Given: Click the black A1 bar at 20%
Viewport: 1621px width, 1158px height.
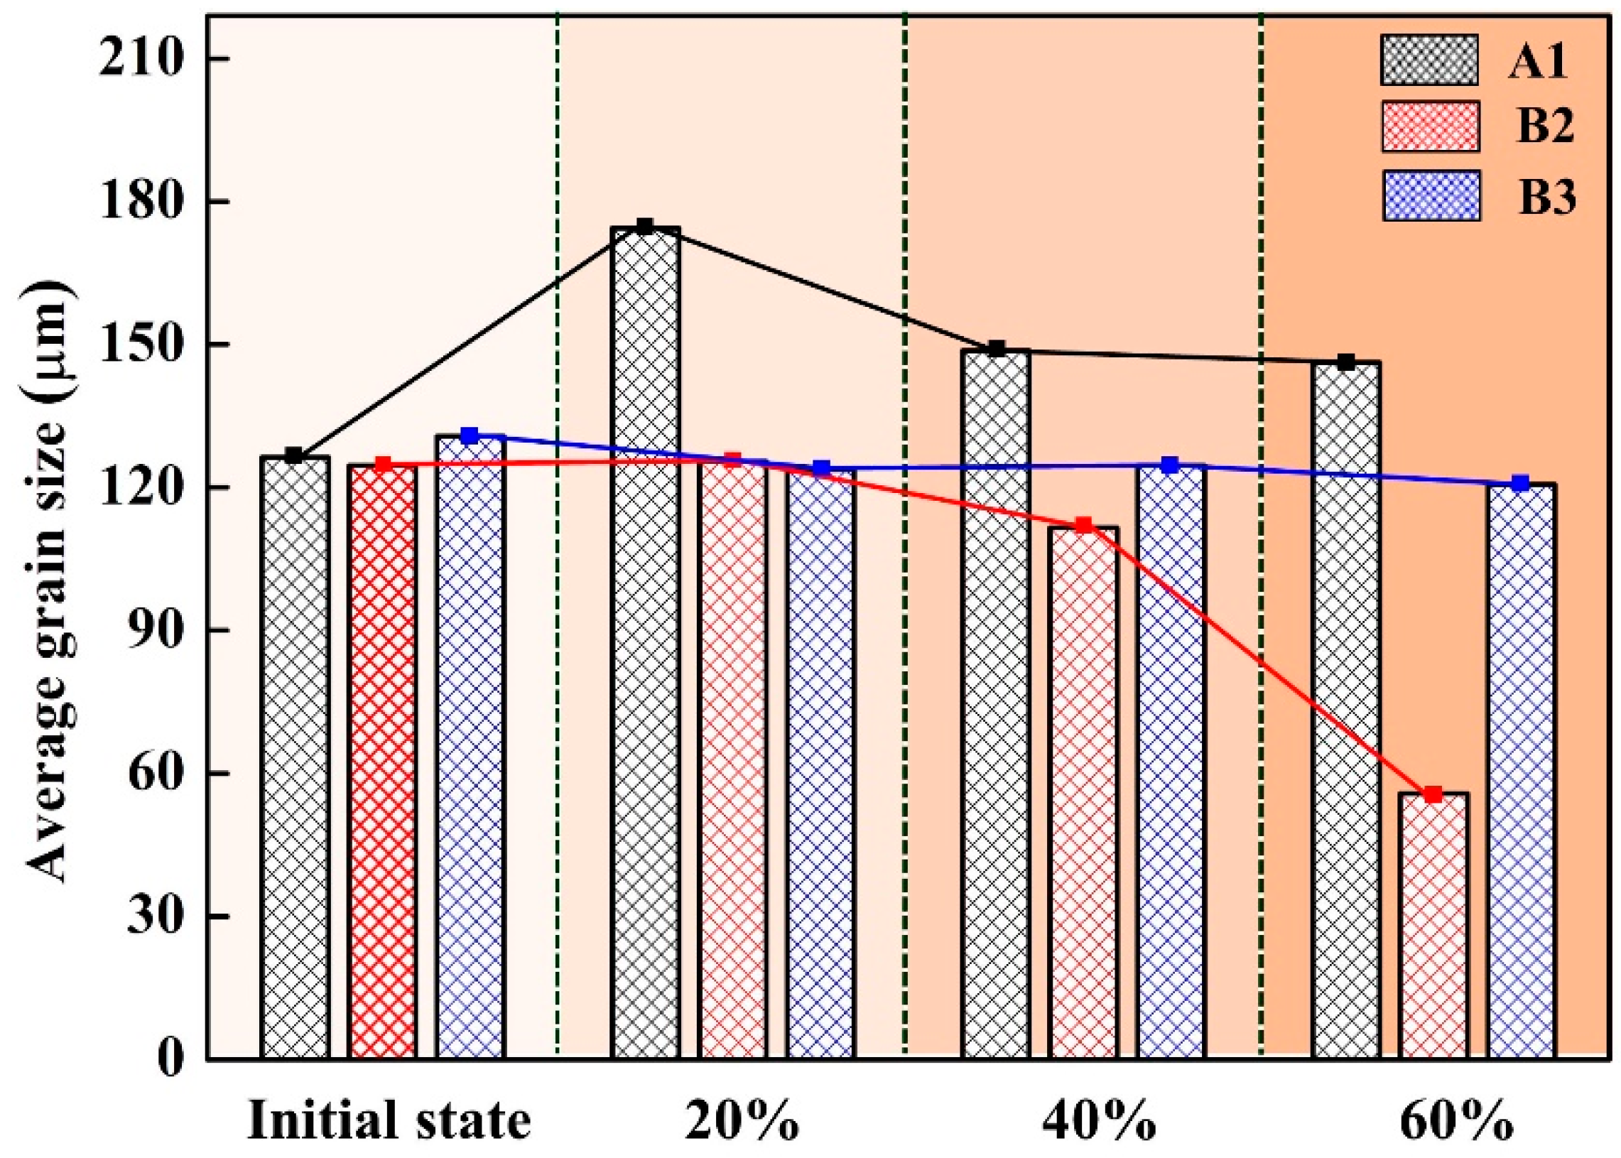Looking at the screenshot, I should point(644,642).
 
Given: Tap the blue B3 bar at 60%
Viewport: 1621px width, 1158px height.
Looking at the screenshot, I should point(1521,770).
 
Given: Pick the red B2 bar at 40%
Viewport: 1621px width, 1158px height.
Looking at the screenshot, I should point(1083,791).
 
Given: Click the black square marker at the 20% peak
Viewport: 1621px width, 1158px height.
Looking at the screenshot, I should point(644,227).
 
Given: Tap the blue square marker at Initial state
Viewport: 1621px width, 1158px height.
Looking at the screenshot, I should point(469,435).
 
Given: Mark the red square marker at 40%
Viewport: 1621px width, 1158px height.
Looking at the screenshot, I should point(1083,526).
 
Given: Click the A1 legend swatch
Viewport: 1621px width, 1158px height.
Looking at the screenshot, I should point(1428,70).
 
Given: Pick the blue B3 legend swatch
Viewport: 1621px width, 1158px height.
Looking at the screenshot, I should point(1429,195).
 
